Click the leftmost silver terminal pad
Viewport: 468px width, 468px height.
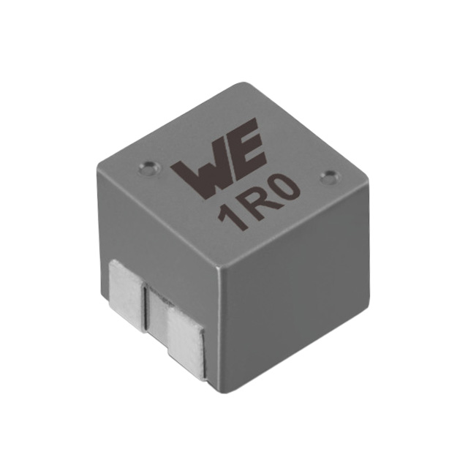(x=126, y=286)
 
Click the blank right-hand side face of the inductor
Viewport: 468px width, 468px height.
(x=300, y=292)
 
